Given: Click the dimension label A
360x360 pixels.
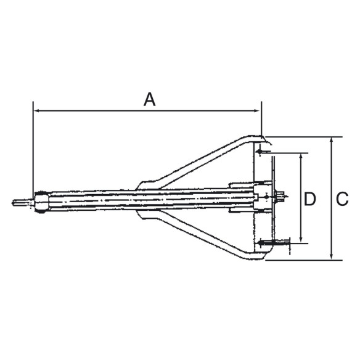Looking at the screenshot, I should (149, 99).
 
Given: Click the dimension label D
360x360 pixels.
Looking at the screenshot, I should (310, 198).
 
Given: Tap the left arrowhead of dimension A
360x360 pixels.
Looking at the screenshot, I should (36, 112).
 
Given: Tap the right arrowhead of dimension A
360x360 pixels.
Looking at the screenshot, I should (258, 112).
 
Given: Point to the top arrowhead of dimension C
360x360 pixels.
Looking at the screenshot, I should (332, 141).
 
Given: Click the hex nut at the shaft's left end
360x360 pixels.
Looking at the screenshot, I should (41, 202).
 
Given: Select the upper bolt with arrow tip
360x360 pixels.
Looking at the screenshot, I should (265, 151).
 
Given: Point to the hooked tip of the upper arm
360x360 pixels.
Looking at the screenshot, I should (259, 139).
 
